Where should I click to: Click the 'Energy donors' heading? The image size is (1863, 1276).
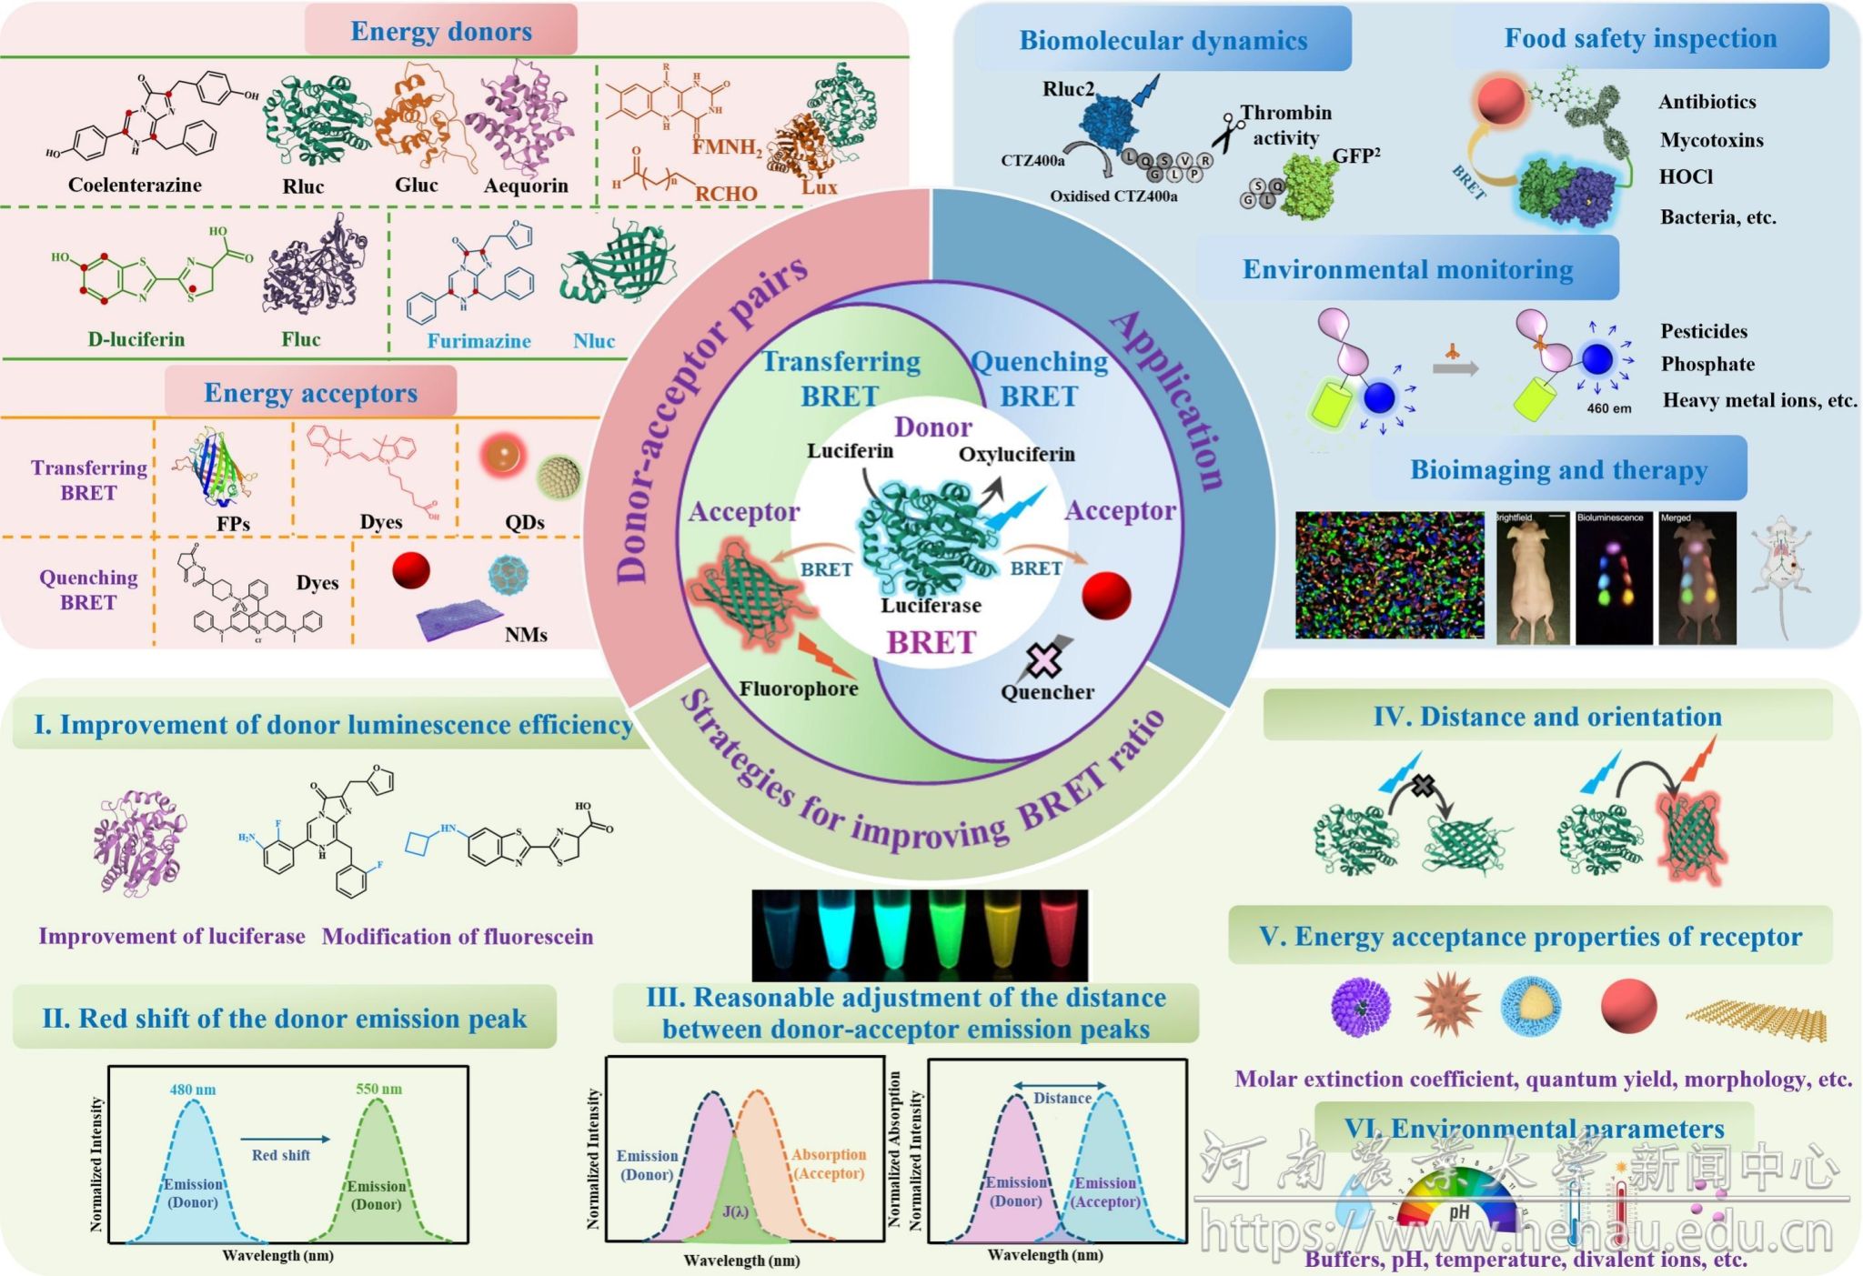click(441, 31)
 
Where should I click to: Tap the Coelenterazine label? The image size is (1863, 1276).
click(135, 185)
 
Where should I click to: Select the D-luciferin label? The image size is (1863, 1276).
click(136, 339)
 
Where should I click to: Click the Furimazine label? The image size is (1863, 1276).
click(478, 341)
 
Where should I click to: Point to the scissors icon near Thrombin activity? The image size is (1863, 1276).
click(1227, 131)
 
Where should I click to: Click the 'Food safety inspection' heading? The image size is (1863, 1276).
click(1640, 38)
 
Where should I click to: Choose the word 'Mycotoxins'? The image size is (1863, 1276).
click(1711, 140)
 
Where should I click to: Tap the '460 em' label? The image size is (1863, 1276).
click(1608, 408)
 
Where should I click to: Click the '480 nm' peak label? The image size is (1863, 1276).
click(193, 1090)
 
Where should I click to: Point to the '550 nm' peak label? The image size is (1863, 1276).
click(378, 1090)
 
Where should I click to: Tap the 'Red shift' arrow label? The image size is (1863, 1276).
click(281, 1155)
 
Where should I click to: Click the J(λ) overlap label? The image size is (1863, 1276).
click(735, 1211)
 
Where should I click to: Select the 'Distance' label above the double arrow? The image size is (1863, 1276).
click(1062, 1099)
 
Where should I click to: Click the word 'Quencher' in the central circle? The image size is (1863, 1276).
click(1047, 692)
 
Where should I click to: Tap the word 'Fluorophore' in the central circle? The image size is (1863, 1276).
click(798, 688)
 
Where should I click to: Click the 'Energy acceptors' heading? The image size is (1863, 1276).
click(310, 393)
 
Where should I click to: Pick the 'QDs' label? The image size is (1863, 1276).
click(525, 522)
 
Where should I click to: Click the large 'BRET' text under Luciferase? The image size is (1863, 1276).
click(931, 643)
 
